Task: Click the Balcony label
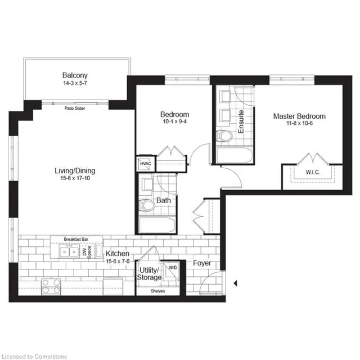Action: (x=75, y=75)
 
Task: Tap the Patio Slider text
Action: (x=75, y=108)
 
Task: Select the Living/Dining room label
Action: (x=75, y=171)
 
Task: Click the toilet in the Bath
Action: (x=147, y=206)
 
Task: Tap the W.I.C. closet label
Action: (x=313, y=172)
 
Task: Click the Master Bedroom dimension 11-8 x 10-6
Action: (x=299, y=125)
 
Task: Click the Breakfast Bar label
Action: (x=75, y=239)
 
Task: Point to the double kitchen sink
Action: (x=70, y=252)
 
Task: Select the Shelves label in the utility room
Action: (x=157, y=291)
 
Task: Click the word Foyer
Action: (x=202, y=263)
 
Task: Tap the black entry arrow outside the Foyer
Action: (x=236, y=282)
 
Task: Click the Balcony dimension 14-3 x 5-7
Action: (x=75, y=84)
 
